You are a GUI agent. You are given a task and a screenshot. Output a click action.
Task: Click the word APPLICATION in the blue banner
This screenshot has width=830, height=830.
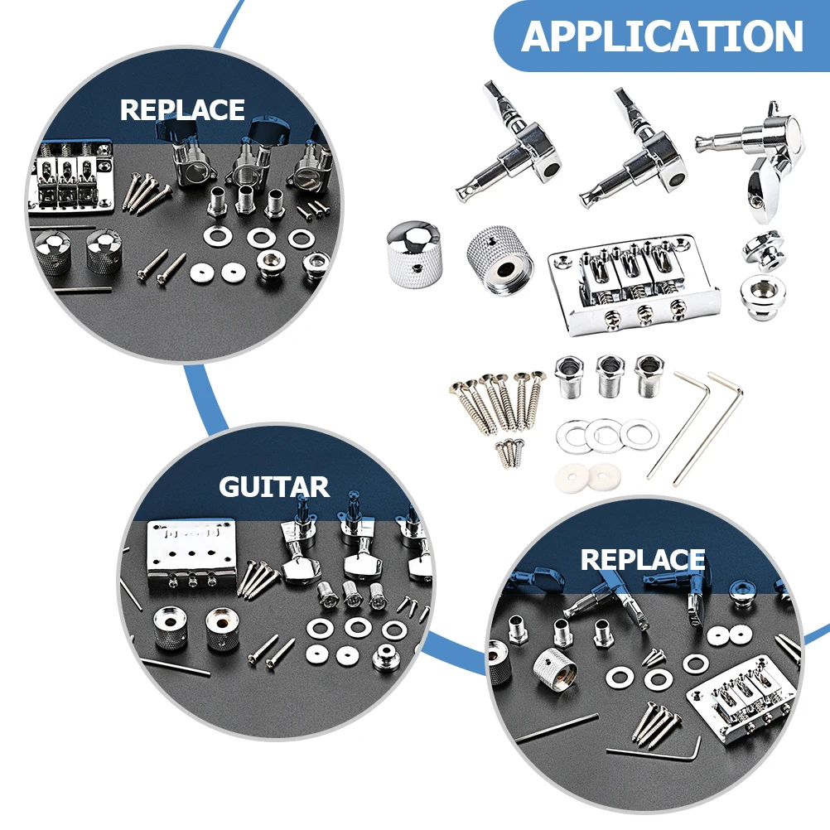[x=662, y=36]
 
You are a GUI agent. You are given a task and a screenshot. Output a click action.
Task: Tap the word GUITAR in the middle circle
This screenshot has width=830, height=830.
[x=273, y=486]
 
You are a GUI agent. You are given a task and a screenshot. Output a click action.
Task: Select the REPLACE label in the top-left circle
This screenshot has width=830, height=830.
[x=182, y=109]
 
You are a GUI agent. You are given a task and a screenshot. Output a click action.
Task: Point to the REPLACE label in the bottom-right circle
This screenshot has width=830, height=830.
[x=642, y=559]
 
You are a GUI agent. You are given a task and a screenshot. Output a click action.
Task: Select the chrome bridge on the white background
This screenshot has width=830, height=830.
[x=634, y=283]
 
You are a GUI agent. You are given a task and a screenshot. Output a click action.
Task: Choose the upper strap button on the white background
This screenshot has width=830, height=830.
[x=762, y=248]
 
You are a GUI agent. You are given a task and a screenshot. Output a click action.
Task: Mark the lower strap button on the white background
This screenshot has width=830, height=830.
[x=762, y=291]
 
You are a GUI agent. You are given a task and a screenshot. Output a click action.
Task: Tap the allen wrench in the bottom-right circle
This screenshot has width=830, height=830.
[x=654, y=750]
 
